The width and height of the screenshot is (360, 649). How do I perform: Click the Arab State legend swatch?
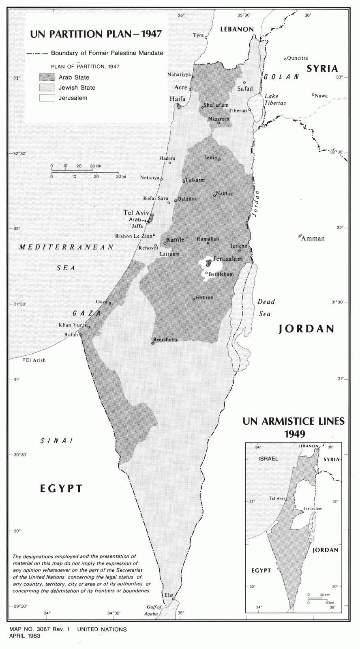47,77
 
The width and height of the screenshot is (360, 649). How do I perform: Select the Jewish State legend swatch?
47,87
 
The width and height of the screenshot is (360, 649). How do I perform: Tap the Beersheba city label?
166,340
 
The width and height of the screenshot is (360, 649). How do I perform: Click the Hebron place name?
204,297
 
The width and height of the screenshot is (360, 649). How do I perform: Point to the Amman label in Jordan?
313,239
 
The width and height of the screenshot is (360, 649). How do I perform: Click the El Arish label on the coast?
36,360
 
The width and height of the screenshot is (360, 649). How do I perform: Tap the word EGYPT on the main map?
61,488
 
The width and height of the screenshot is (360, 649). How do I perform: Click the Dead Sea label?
266,307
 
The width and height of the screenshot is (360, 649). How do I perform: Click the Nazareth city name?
219,119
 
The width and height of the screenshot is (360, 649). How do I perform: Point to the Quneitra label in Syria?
298,58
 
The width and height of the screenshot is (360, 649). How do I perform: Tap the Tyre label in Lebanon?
198,35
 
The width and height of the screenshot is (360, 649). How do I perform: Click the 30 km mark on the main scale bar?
96,166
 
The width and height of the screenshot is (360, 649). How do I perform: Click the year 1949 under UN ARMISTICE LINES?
294,434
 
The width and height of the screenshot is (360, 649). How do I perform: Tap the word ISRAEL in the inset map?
268,459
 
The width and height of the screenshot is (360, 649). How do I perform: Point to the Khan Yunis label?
70,325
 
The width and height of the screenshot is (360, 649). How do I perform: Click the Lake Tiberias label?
275,99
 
